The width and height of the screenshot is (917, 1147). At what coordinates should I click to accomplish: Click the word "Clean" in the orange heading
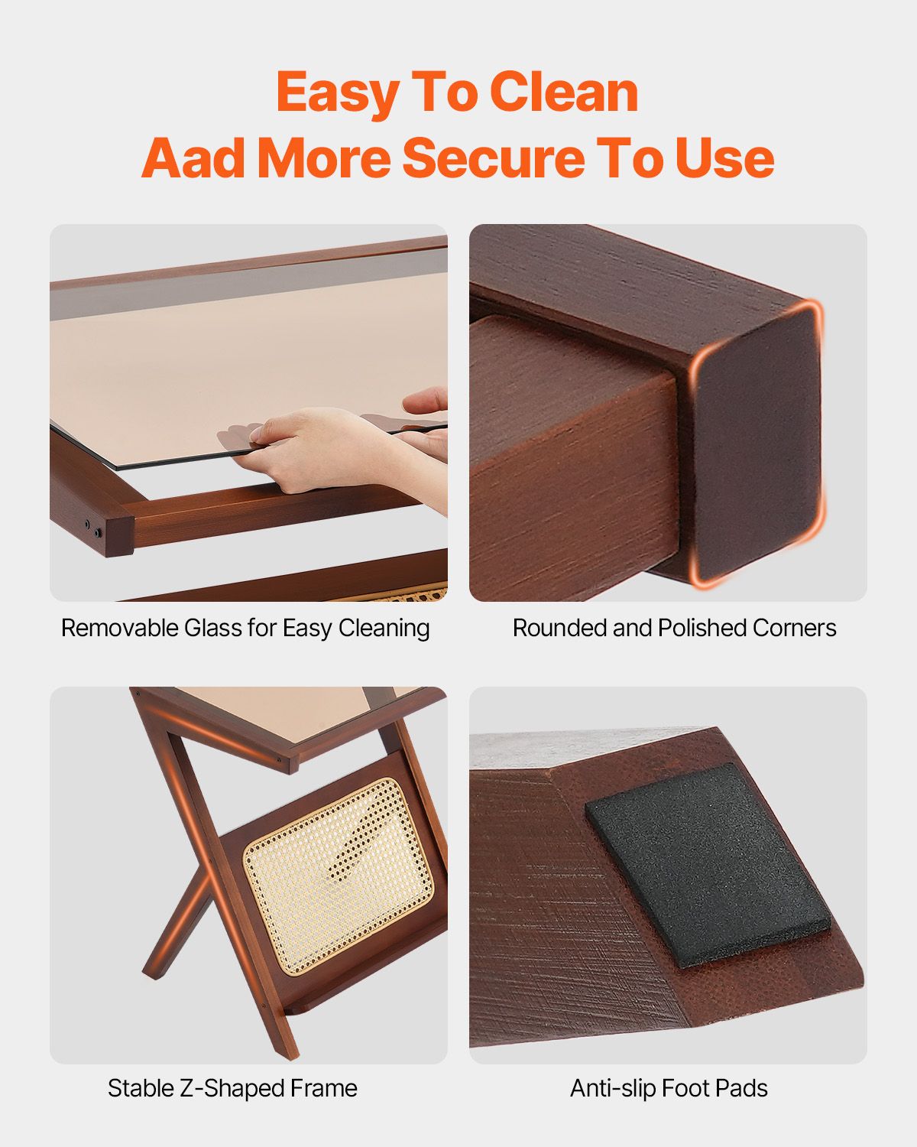coord(564,93)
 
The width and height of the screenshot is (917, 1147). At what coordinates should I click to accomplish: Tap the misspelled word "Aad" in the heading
coord(193,158)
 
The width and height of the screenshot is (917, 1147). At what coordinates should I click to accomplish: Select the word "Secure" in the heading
coord(494,158)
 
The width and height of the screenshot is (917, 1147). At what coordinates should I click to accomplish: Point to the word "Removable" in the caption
coord(120,628)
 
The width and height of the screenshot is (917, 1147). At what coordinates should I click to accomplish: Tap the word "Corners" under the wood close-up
coord(794,628)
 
